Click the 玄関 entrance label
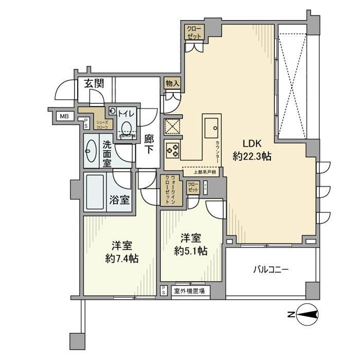click(94, 83)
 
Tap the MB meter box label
click(64, 116)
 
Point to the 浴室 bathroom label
click(119, 200)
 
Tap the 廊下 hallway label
click(149, 144)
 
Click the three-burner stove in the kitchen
click(172, 150)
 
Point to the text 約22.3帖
click(251, 157)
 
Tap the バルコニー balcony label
click(271, 269)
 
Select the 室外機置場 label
click(189, 292)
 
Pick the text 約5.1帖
click(190, 251)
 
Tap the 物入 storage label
click(172, 83)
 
